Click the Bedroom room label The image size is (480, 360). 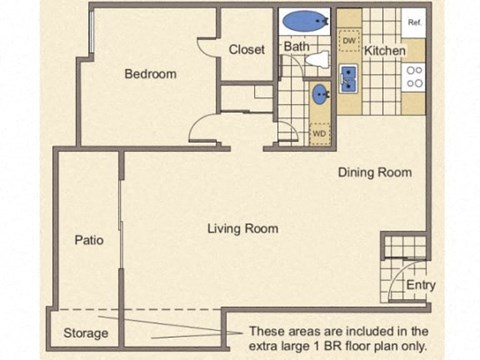[x=150, y=74]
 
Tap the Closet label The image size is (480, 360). [x=246, y=49]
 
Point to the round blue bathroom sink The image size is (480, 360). [x=321, y=95]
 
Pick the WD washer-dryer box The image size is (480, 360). [x=319, y=132]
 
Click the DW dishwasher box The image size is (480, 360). [x=349, y=41]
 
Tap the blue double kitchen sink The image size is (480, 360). [x=349, y=78]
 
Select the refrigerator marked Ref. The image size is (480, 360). [x=414, y=21]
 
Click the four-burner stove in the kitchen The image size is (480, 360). [x=414, y=77]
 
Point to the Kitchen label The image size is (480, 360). [x=384, y=50]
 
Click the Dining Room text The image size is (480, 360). [x=374, y=172]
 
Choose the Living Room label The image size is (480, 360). [x=242, y=229]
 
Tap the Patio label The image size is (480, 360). [x=88, y=240]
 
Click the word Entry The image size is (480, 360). [x=420, y=286]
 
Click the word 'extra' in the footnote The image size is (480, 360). [x=266, y=345]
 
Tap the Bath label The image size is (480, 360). [x=296, y=46]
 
